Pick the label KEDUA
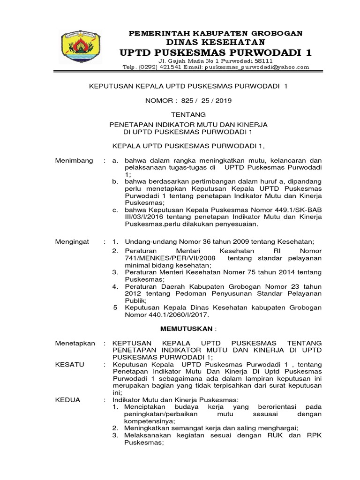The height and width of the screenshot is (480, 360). (x=68, y=399)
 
